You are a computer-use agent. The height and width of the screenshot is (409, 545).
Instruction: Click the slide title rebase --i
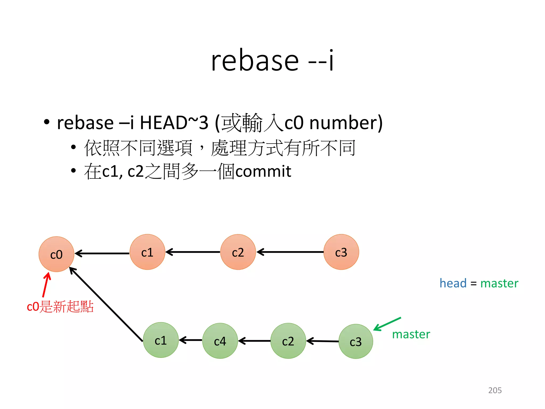click(x=272, y=61)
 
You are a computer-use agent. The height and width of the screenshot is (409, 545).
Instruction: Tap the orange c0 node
click(x=56, y=254)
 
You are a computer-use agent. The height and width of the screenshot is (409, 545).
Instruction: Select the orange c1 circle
click(x=147, y=252)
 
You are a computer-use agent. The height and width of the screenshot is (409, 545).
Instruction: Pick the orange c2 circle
click(x=238, y=252)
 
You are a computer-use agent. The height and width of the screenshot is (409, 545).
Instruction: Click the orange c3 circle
click(x=341, y=252)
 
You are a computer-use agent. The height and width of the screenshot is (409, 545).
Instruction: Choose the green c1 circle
click(x=161, y=340)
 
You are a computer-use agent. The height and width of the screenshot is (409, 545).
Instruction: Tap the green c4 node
click(x=220, y=341)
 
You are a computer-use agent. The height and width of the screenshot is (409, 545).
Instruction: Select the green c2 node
click(x=288, y=341)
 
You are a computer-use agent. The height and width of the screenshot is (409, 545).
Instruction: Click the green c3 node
click(x=356, y=341)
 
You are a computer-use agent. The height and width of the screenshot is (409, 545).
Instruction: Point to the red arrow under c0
click(x=46, y=285)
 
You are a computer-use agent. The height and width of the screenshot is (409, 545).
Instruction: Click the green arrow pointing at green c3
click(x=387, y=324)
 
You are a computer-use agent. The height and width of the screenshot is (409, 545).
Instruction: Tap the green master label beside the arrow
click(x=411, y=334)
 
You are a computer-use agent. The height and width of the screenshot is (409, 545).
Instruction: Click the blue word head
click(x=453, y=283)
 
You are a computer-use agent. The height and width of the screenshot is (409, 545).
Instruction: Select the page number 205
click(x=495, y=390)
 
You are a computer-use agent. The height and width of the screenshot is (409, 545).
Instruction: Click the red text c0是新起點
click(x=60, y=306)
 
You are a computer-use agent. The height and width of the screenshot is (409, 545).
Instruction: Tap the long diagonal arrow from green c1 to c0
click(x=106, y=304)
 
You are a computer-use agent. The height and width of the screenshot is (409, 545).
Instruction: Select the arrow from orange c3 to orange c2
click(x=290, y=252)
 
